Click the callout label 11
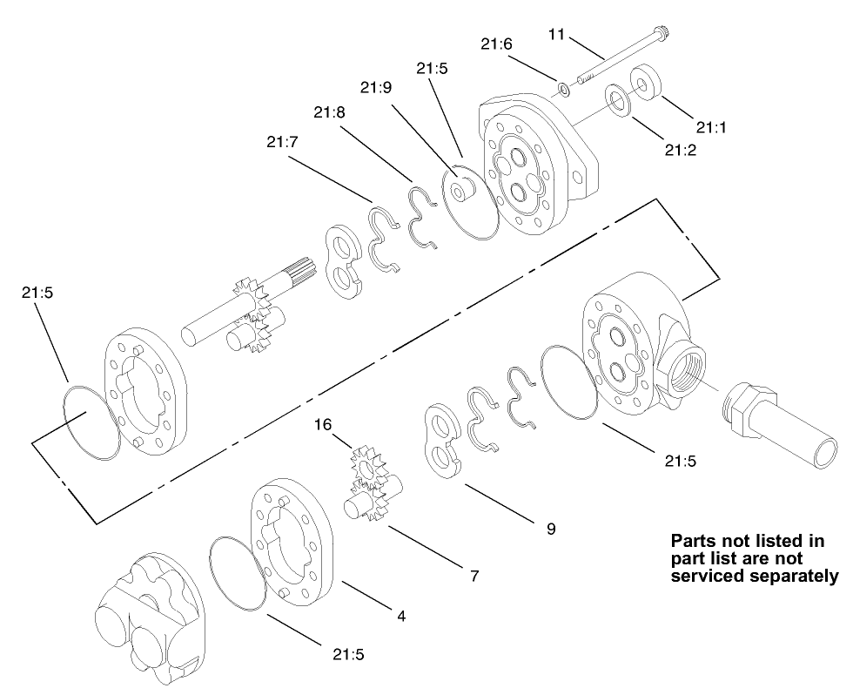pyautogui.click(x=557, y=34)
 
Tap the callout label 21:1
pyautogui.click(x=710, y=127)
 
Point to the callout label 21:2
pyautogui.click(x=681, y=150)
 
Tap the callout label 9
pyautogui.click(x=550, y=528)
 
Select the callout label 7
pyautogui.click(x=474, y=576)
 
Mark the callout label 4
pyautogui.click(x=401, y=616)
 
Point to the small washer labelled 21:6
pyautogui.click(x=564, y=87)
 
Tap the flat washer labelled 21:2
pyautogui.click(x=619, y=98)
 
